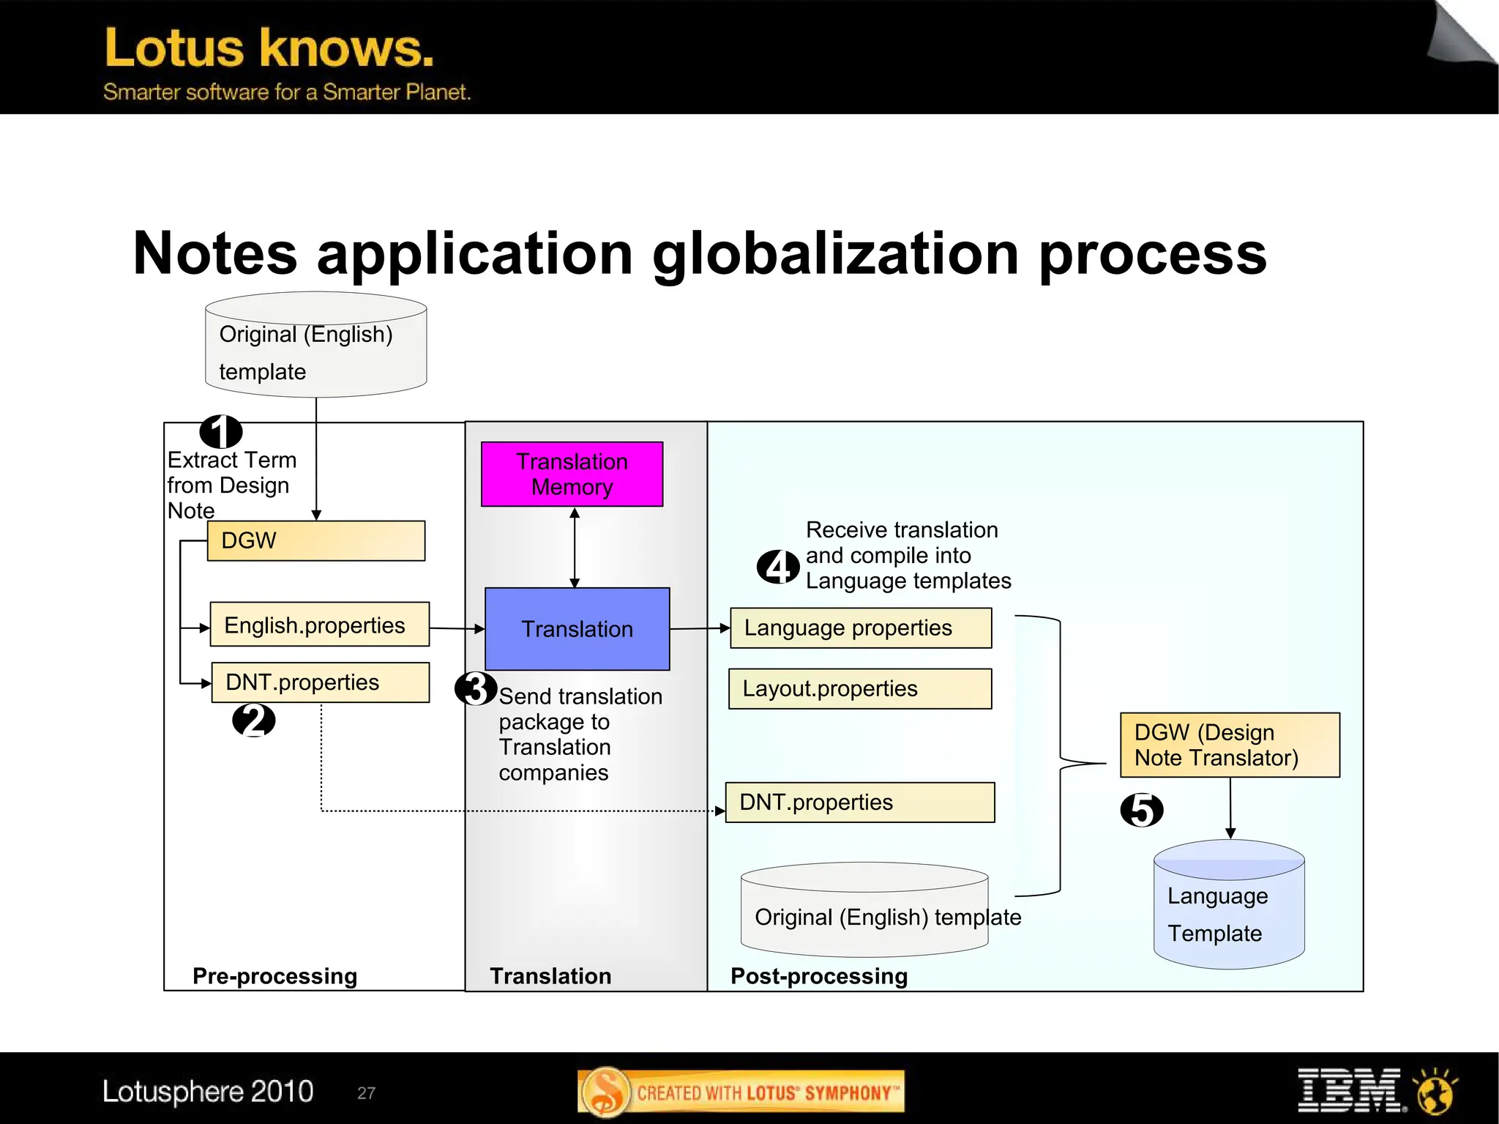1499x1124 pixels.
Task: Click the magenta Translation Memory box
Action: coord(572,474)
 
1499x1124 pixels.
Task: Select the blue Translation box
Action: coord(577,629)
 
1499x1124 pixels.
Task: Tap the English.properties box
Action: coord(319,625)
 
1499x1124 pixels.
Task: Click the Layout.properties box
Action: coord(860,688)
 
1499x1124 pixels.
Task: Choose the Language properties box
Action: coord(861,628)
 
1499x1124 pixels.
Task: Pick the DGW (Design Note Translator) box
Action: coord(1230,745)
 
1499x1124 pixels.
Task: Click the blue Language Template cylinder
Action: coord(1229,908)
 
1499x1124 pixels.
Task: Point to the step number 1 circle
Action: coord(221,431)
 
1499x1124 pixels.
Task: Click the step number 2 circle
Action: coord(253,720)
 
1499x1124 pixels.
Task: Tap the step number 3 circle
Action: coord(476,688)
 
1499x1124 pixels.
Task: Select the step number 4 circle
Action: coord(777,567)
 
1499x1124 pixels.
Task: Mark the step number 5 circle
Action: coord(1142,810)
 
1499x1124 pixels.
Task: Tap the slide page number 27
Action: coord(366,1093)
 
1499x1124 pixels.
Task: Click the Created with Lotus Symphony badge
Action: coord(741,1092)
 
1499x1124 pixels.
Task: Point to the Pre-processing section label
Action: coord(274,976)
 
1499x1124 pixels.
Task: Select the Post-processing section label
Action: coord(819,976)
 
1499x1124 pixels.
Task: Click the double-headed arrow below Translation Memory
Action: coord(575,547)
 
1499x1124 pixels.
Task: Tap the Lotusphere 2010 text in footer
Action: coord(208,1091)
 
